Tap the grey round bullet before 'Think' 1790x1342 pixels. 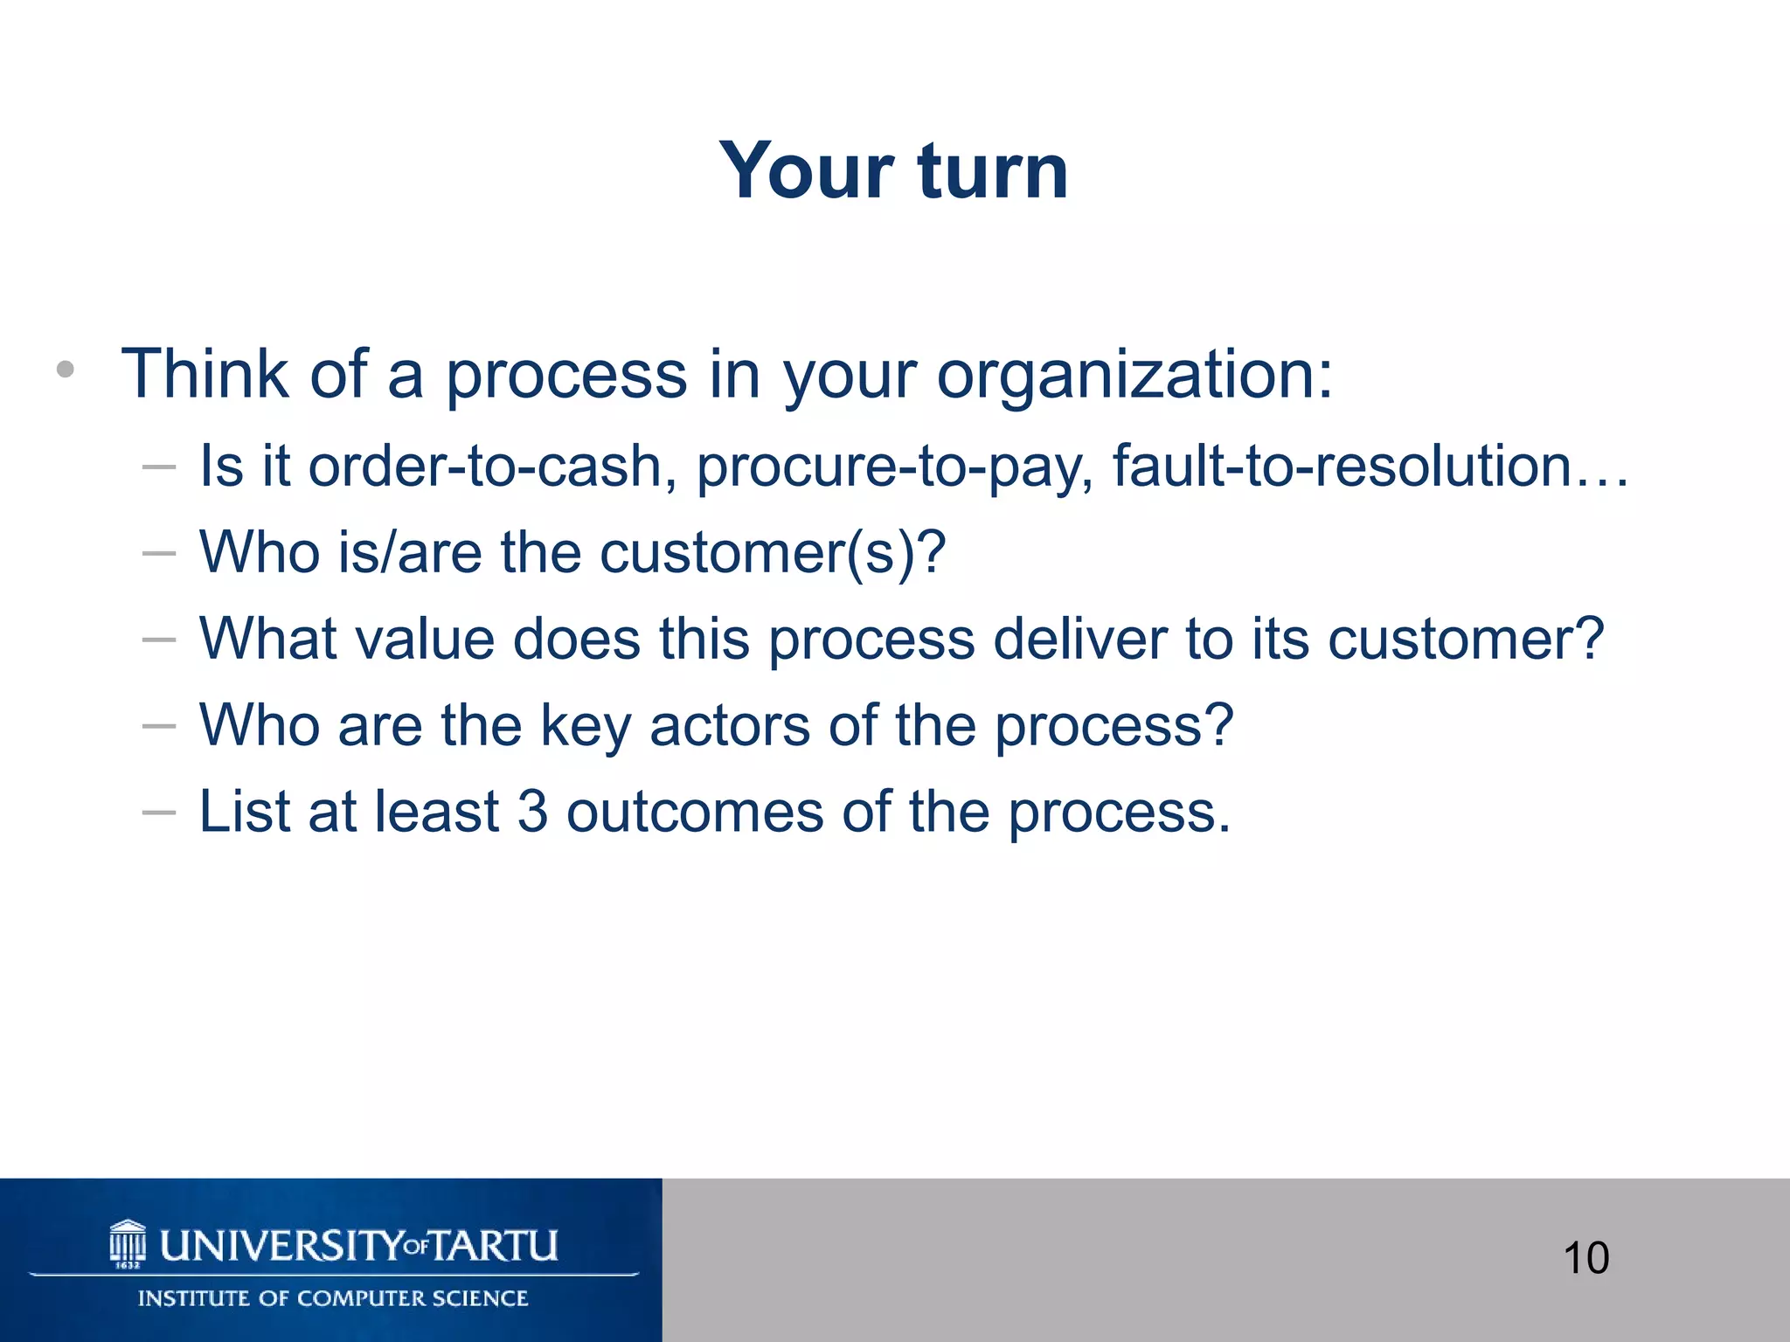66,370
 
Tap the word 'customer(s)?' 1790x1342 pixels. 773,553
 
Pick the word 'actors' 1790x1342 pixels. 730,725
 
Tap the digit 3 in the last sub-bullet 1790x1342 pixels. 532,812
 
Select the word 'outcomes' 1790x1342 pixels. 695,812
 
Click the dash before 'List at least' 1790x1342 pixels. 159,813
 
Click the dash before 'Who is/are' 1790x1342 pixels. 159,554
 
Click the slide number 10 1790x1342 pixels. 1585,1258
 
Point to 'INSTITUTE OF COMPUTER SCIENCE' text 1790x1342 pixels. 332,1298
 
